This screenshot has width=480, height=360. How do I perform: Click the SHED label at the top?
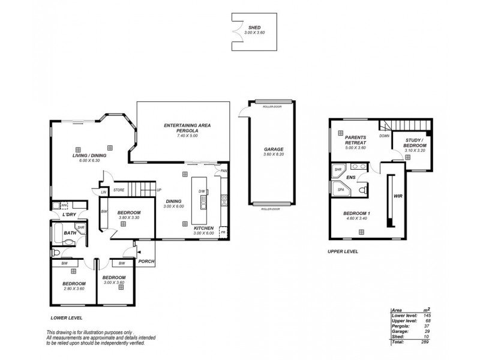click(x=254, y=28)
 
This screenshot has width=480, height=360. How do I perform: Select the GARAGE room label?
click(x=273, y=149)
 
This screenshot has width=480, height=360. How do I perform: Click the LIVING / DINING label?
click(x=89, y=156)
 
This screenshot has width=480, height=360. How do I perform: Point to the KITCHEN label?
click(x=203, y=229)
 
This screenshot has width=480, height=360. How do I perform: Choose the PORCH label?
click(x=146, y=261)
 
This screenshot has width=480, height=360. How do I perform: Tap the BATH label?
click(x=70, y=233)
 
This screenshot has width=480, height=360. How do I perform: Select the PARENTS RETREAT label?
click(x=355, y=140)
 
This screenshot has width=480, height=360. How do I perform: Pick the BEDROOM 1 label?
click(x=355, y=214)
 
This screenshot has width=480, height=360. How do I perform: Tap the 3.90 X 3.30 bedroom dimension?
click(x=128, y=217)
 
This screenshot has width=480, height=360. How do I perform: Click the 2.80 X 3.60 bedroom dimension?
click(x=74, y=289)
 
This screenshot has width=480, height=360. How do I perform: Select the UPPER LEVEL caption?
click(x=343, y=252)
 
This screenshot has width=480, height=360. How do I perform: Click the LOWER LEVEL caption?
click(x=67, y=318)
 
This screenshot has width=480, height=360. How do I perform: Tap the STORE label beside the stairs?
click(x=119, y=190)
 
